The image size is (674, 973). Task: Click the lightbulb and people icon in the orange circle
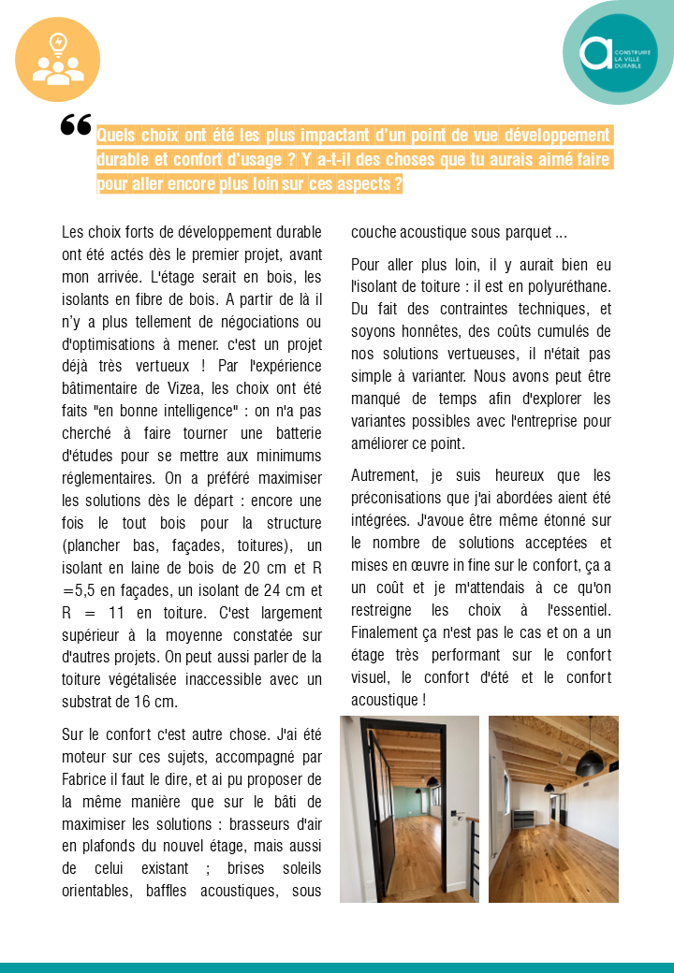pyautogui.click(x=57, y=60)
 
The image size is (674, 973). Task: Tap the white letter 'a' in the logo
pyautogui.click(x=595, y=53)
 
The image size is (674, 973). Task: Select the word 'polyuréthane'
pyautogui.click(x=567, y=286)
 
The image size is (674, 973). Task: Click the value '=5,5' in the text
pyautogui.click(x=80, y=589)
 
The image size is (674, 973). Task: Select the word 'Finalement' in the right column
pyautogui.click(x=387, y=632)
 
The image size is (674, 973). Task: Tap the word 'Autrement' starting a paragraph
pyautogui.click(x=385, y=475)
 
